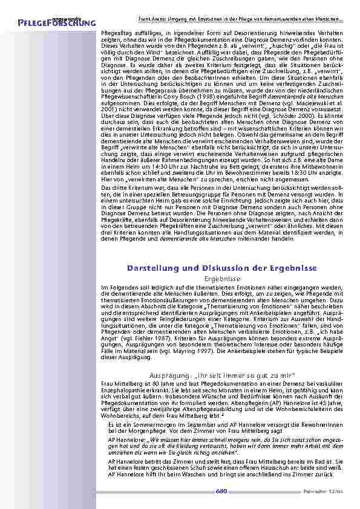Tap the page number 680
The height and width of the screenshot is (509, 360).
click(221, 491)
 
